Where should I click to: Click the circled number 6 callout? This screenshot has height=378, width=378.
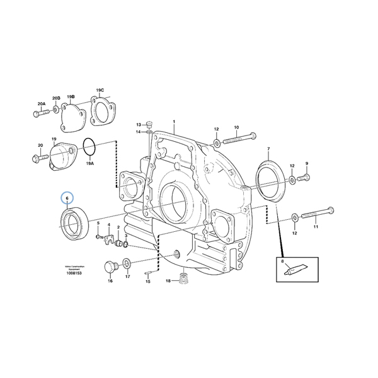click(x=66, y=198)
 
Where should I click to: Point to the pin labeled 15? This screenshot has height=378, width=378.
click(x=147, y=273)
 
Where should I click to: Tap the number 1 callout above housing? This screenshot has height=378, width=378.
click(x=175, y=122)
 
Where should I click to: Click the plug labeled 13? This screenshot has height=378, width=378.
click(x=149, y=123)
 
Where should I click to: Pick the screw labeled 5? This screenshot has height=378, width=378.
click(x=100, y=238)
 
